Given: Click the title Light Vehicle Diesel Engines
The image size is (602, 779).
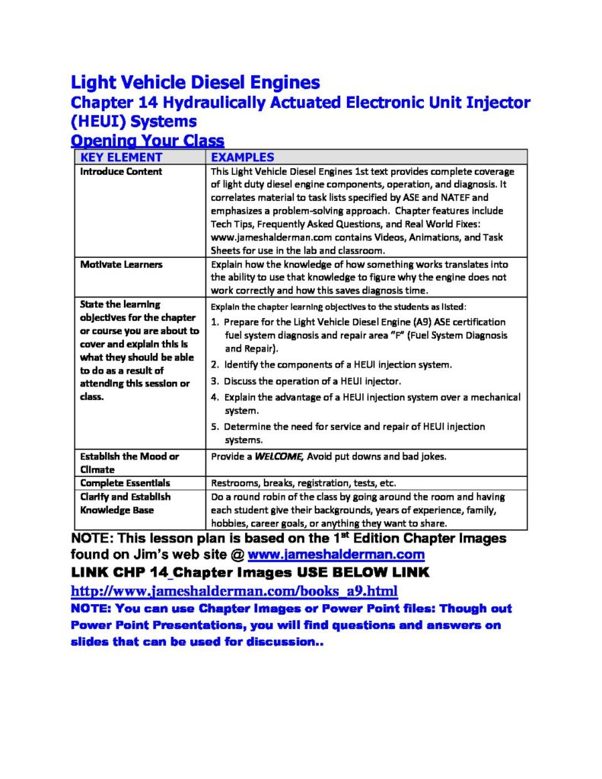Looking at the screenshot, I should point(195,82).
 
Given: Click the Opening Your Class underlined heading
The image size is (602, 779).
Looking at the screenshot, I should point(148,141).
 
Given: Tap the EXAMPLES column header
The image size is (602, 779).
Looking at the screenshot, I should point(242,157).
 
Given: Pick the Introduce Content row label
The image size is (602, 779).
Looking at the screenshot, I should point(121,172).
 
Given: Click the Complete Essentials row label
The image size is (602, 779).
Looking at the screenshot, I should point(126,483).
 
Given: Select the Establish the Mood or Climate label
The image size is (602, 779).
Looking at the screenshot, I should point(129,463).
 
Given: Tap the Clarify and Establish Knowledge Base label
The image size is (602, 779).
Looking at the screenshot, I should point(126,504).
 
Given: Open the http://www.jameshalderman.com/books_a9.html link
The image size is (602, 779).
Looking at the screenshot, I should point(234,591).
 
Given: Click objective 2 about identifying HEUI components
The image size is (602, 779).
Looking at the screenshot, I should point(331,365).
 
